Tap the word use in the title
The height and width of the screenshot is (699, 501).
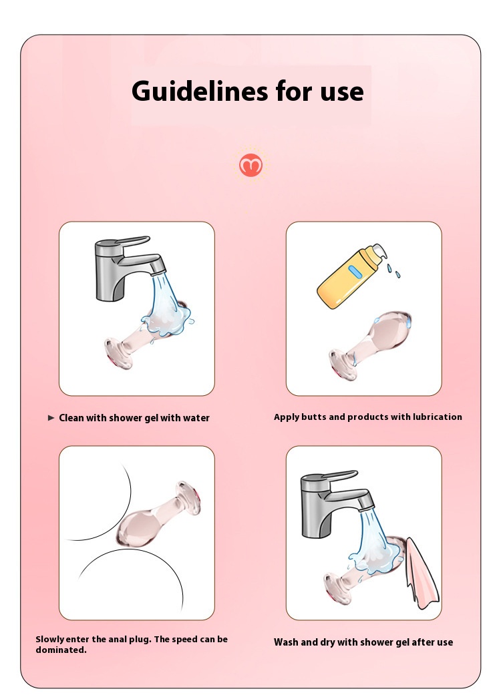[x=341, y=93]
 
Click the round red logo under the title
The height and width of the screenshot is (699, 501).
[x=251, y=166]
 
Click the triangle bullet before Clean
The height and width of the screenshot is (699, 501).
[x=51, y=418]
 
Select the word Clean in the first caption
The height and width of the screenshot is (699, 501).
[x=71, y=418]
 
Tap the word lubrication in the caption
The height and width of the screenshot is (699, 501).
[x=437, y=417]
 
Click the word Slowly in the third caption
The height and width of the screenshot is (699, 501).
[x=50, y=640]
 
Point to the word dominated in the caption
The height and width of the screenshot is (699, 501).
[x=61, y=650]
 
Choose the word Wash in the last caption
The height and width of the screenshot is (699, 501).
[x=285, y=642]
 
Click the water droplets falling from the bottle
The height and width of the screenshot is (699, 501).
[x=393, y=270]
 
